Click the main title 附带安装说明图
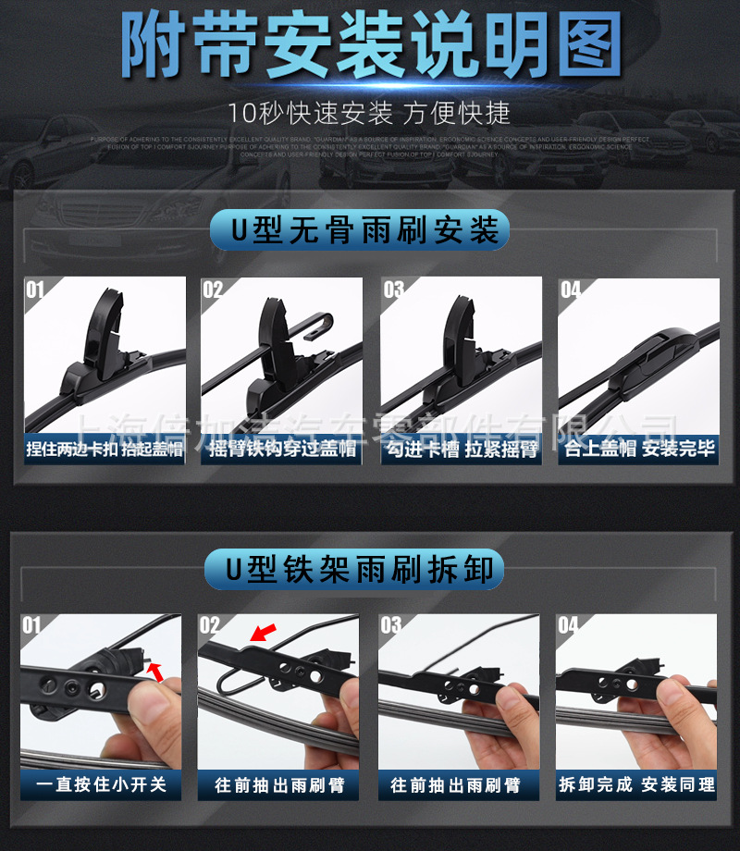(x=370, y=46)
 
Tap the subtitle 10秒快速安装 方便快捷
(x=370, y=113)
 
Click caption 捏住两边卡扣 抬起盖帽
(x=105, y=450)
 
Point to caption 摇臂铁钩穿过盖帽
(x=282, y=450)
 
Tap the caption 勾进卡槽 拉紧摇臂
(x=461, y=450)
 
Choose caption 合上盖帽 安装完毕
(x=638, y=450)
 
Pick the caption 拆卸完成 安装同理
(x=636, y=784)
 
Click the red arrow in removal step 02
(x=265, y=633)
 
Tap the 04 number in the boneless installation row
(x=571, y=290)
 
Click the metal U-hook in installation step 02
(x=314, y=324)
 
